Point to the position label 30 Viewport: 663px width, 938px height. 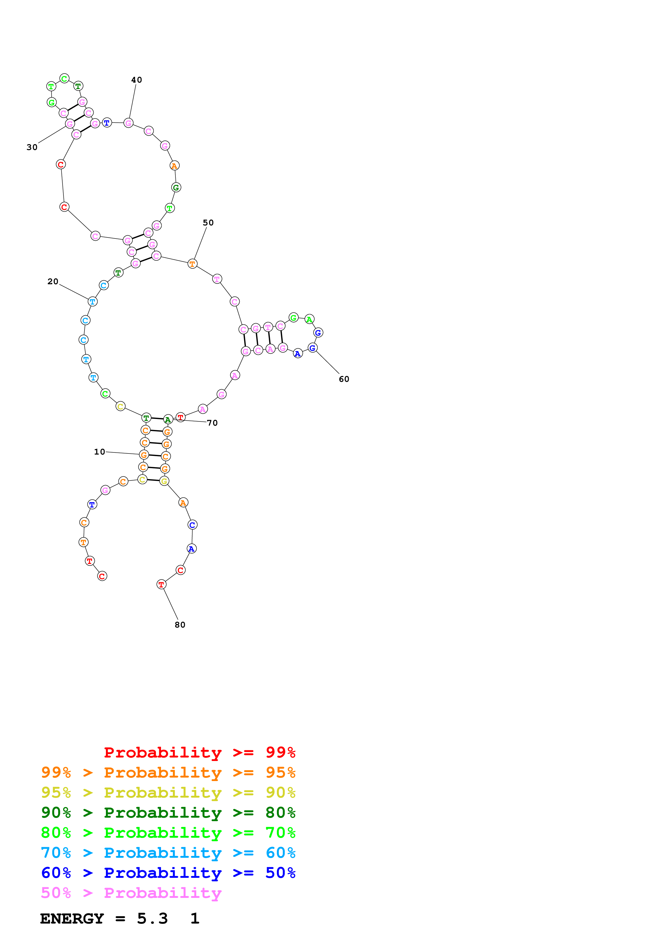click(32, 147)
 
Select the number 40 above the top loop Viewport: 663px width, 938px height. click(136, 80)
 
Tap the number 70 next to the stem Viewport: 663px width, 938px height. click(212, 422)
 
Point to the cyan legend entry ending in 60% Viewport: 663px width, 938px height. click(168, 853)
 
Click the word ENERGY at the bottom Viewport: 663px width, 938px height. click(72, 918)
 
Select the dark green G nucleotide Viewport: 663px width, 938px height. click(176, 187)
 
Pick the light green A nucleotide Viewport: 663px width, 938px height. click(309, 319)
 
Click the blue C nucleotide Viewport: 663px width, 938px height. click(192, 525)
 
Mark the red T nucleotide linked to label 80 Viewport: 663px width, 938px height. click(161, 584)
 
